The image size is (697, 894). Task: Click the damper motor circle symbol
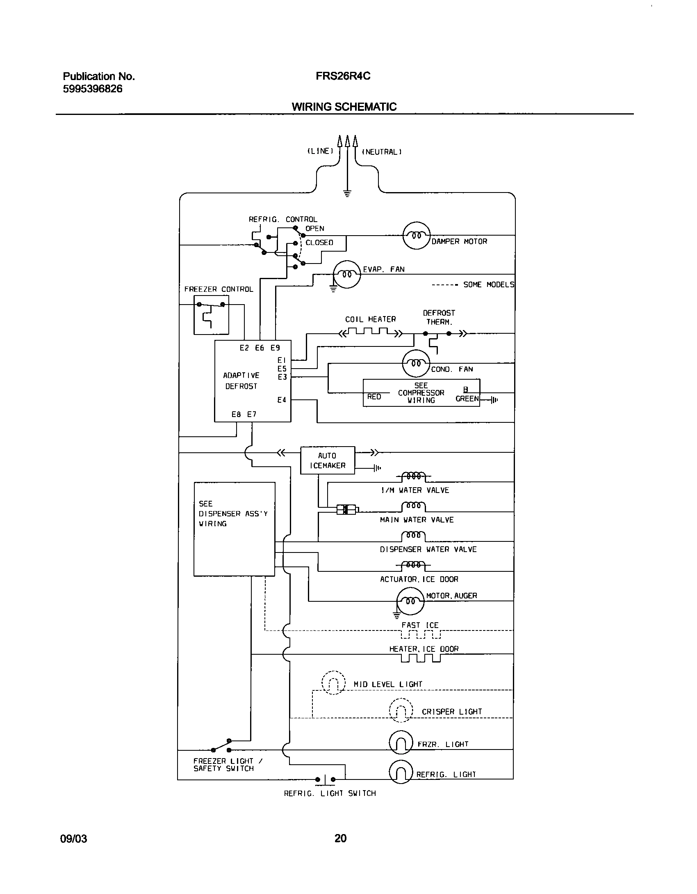[x=417, y=236]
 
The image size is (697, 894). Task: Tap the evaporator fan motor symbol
[x=346, y=274]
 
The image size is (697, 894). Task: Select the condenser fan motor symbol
[x=416, y=363]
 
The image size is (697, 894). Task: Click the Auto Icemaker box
[x=327, y=460]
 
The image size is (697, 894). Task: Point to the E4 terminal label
[x=282, y=400]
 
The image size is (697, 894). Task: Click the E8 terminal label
[x=236, y=414]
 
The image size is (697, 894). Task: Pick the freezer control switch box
[x=211, y=314]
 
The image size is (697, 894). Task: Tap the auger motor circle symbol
[x=410, y=601]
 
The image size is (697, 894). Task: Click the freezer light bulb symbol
[x=401, y=743]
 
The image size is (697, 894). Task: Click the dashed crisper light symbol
[x=401, y=710]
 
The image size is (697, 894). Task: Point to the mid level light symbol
[x=333, y=683]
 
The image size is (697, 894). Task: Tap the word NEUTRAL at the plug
[x=381, y=152]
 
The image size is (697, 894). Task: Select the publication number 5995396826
[x=92, y=89]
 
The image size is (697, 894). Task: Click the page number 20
[x=340, y=838]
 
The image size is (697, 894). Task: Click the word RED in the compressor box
[x=374, y=397]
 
